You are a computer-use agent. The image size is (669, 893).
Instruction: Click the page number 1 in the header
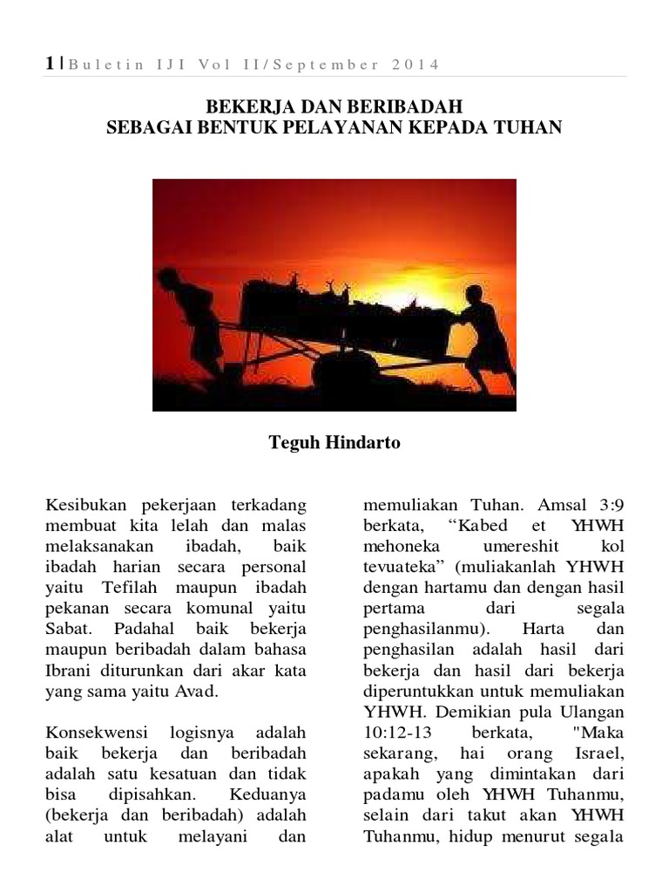50,64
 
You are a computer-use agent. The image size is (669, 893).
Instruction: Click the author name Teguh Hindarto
334,442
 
